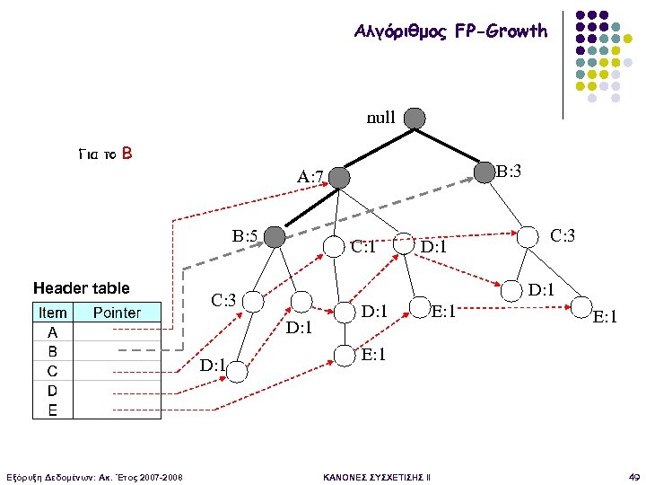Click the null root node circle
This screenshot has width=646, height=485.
click(x=414, y=118)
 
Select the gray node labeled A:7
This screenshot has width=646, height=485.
click(x=338, y=178)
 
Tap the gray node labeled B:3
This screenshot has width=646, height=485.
click(x=484, y=170)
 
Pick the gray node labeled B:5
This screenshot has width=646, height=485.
click(x=275, y=236)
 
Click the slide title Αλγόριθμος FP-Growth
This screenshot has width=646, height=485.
click(x=450, y=31)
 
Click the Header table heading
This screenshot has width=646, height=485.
click(x=81, y=288)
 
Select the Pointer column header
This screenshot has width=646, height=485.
click(x=117, y=313)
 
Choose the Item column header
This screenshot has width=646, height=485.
click(x=53, y=313)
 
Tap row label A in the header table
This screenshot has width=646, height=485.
click(x=52, y=331)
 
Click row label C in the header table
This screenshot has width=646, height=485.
click(x=52, y=370)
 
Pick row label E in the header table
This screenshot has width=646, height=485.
click(x=52, y=410)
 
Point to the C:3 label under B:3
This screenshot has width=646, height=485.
click(x=562, y=236)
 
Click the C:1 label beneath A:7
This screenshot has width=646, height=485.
click(x=363, y=245)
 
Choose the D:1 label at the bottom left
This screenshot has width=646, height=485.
click(x=212, y=366)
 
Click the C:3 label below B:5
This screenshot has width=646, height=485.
click(x=223, y=299)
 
